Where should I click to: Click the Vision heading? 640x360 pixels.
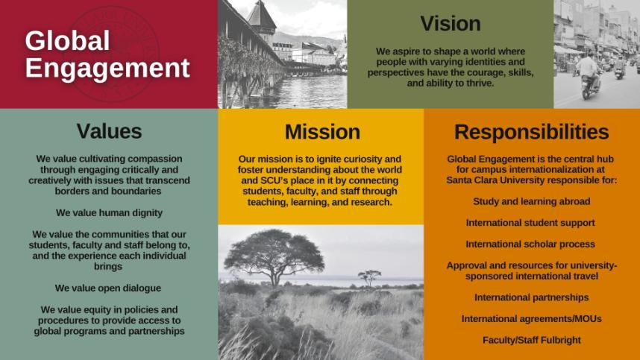450,24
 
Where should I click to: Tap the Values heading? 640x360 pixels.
109,131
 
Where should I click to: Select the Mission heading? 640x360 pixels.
322,132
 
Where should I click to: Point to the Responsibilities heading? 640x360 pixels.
531,132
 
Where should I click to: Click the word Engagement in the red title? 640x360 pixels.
107,68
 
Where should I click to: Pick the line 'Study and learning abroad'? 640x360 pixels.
531,201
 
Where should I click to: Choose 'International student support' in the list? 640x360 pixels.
530,223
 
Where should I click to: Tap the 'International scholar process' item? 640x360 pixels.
530,244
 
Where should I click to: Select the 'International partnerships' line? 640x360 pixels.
531,297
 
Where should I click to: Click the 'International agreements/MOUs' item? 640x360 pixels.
531,319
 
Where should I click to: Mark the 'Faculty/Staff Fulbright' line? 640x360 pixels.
531,341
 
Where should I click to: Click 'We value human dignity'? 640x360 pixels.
109,212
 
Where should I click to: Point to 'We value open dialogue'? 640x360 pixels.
109,288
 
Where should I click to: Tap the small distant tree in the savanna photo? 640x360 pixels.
369,277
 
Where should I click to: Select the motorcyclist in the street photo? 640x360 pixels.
589,74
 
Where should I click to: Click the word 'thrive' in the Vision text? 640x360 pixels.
477,83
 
